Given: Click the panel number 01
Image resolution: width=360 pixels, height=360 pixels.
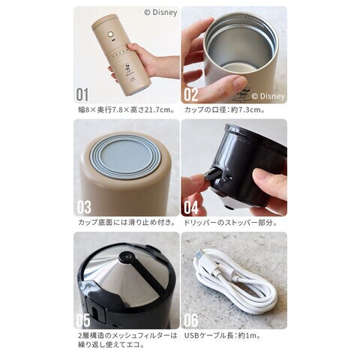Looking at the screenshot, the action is (x=82, y=94).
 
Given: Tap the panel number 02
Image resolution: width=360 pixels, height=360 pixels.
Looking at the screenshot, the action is (x=191, y=94).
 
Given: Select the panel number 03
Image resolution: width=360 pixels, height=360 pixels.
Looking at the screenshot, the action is (x=84, y=207).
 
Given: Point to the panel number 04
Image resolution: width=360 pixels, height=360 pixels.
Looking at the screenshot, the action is (x=191, y=207).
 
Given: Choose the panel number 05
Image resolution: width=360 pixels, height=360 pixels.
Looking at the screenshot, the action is (x=83, y=320).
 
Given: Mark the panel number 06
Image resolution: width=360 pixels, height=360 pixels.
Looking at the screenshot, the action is (x=191, y=320).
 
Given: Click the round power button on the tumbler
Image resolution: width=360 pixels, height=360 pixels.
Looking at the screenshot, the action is (x=110, y=34).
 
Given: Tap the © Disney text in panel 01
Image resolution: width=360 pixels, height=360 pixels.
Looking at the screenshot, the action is (x=160, y=13).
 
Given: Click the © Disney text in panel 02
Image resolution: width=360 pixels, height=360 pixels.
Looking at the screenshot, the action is (x=268, y=96).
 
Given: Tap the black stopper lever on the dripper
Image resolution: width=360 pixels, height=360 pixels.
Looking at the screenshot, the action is (x=211, y=175).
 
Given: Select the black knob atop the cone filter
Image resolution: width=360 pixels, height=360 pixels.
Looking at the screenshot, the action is (x=126, y=257).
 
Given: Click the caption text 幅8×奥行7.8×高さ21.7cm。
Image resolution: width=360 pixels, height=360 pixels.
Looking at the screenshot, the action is (x=127, y=109).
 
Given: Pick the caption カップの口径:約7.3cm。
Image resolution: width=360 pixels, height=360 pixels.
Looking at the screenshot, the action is (x=224, y=109).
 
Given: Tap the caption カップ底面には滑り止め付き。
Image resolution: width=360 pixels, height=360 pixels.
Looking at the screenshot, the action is (x=127, y=222).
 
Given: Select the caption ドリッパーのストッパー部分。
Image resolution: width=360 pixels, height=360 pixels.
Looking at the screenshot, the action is (x=230, y=222).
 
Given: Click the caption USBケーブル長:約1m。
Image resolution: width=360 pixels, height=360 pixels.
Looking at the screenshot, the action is (x=223, y=335).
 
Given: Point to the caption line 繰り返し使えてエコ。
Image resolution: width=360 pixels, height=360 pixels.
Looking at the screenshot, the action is (x=112, y=345).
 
